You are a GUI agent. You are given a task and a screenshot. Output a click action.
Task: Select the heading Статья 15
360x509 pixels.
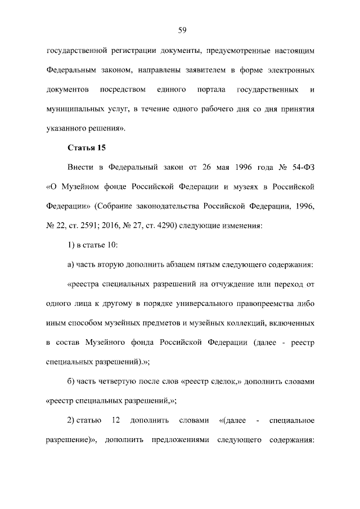[87, 148]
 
